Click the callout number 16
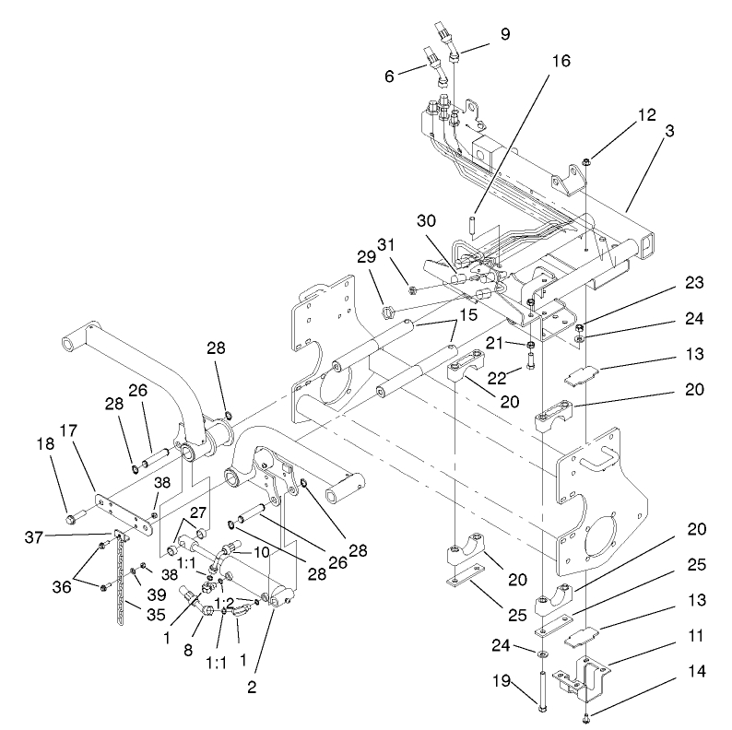pyautogui.click(x=561, y=62)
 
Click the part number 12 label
pyautogui.click(x=621, y=115)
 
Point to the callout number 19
pyautogui.click(x=525, y=683)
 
